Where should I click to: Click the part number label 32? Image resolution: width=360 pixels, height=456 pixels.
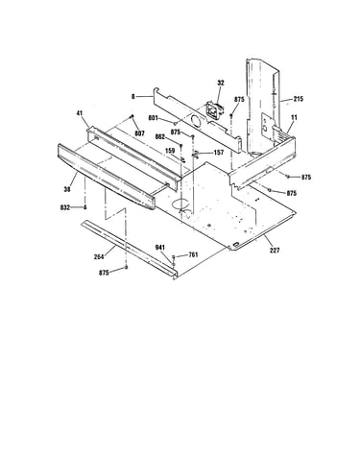221,83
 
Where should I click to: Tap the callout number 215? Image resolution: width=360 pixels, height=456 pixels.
298,99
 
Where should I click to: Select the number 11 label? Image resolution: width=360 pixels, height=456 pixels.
294,117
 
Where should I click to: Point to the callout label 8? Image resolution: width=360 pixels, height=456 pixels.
133,96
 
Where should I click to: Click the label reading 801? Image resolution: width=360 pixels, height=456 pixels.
154,118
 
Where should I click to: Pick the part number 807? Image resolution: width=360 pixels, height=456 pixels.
139,133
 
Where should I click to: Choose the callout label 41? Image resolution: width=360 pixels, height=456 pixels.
80,112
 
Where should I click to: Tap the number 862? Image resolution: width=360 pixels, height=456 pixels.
159,137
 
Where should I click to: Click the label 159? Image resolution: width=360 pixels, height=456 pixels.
170,150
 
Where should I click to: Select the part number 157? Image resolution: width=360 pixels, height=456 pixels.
219,153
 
